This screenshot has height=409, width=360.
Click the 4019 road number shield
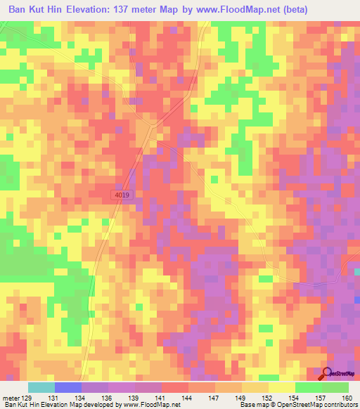[122, 195]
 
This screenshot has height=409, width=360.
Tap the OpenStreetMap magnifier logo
[328, 374]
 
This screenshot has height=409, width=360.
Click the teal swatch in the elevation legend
[41, 387]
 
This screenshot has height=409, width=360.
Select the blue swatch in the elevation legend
[68, 387]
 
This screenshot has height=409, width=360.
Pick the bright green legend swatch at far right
[335, 387]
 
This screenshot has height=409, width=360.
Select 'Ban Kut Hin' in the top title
[32, 9]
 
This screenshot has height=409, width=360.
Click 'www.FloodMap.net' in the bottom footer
[150, 404]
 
